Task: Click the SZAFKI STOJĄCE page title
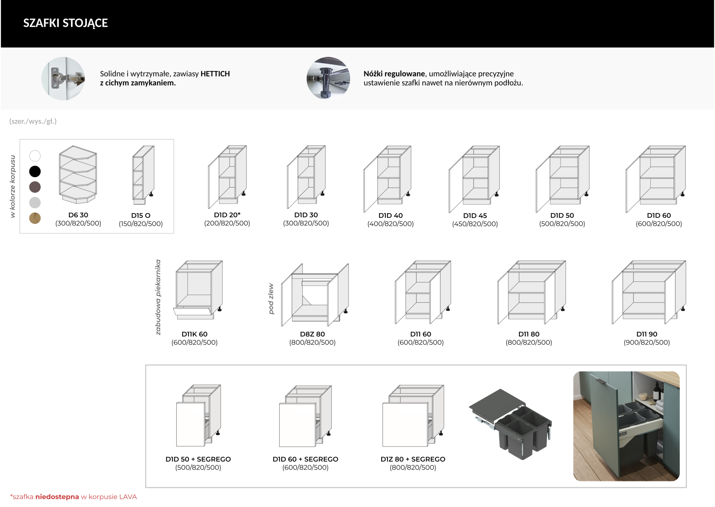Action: coord(65,23)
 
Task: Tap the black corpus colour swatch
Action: coord(35,171)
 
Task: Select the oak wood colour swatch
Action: coord(35,218)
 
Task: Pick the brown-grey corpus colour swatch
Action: coord(35,187)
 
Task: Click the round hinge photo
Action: coord(63,78)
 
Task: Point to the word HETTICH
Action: coord(215,74)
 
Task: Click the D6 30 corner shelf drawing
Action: coord(78,175)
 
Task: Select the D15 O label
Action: coord(141,215)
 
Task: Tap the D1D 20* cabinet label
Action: coord(227,215)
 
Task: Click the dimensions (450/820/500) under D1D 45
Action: coord(475,224)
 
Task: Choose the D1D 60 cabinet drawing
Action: coord(655,179)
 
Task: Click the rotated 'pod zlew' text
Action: coord(271,299)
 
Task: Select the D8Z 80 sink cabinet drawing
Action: coord(315,295)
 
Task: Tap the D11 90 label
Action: coord(647,334)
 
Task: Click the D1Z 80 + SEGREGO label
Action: coord(413,459)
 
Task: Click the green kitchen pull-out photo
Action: coord(626,426)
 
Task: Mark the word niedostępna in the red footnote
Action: coord(57,497)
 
